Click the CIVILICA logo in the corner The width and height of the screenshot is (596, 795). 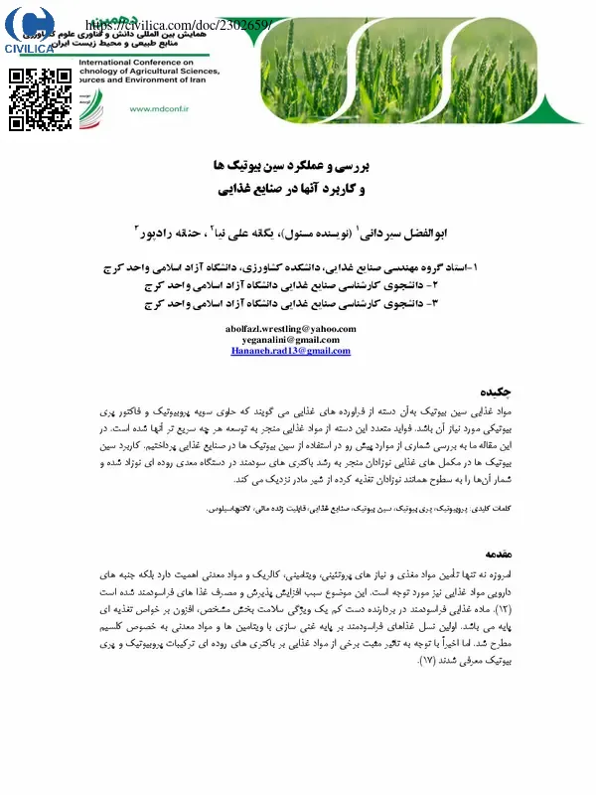[x=36, y=30]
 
